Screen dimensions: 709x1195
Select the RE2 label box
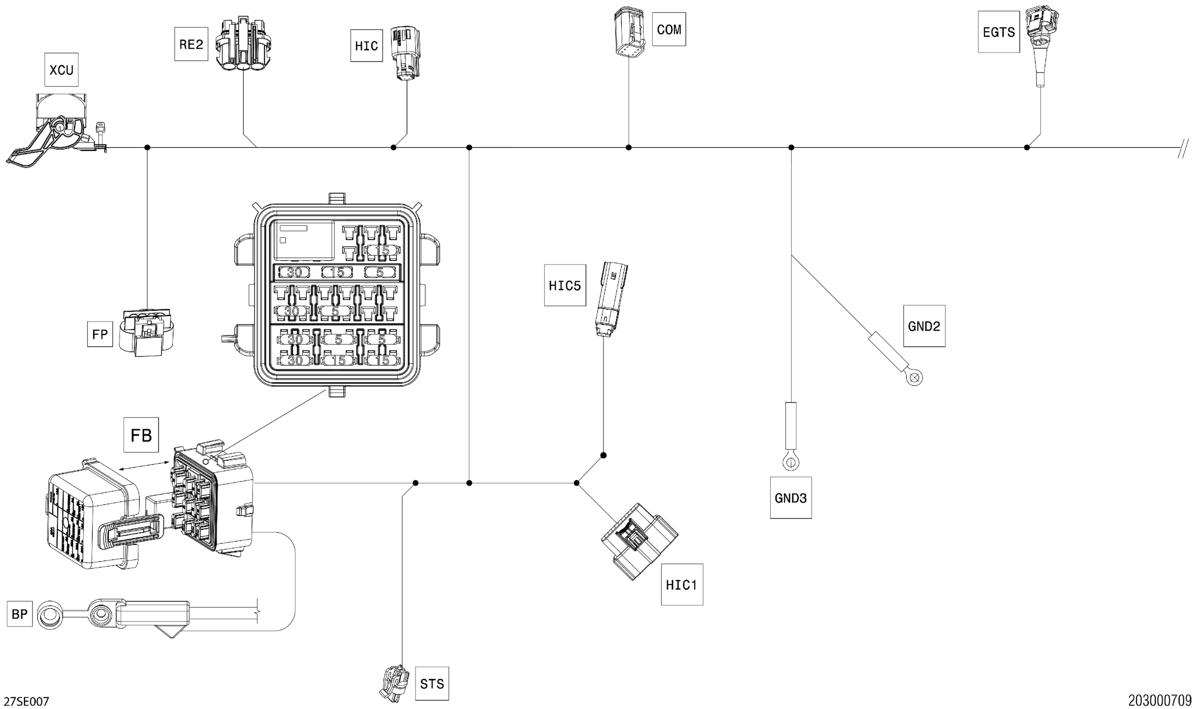click(191, 44)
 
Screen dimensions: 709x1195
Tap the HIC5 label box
click(565, 285)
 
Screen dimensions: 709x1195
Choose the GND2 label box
click(924, 326)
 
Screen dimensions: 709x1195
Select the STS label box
click(431, 683)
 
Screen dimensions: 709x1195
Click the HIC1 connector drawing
click(639, 541)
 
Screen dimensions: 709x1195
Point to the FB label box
click(141, 435)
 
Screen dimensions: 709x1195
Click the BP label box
click(20, 614)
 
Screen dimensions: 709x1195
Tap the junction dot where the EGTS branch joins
click(1027, 147)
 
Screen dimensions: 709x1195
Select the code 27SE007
click(29, 701)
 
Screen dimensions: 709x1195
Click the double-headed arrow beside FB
click(144, 466)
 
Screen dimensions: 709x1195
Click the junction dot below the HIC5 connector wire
click(603, 455)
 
